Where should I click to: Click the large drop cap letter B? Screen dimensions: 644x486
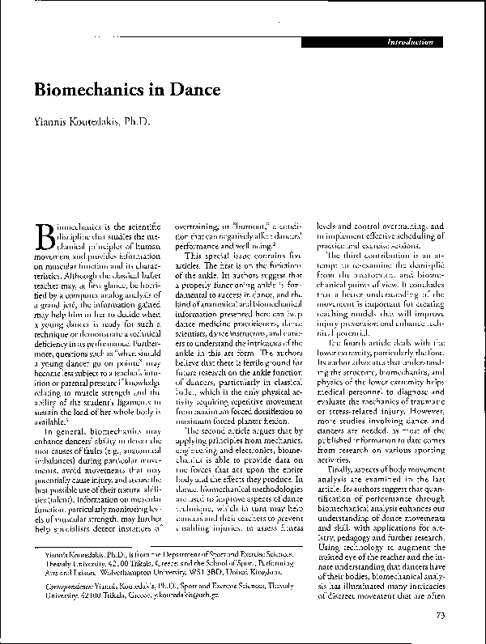coord(47,234)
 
